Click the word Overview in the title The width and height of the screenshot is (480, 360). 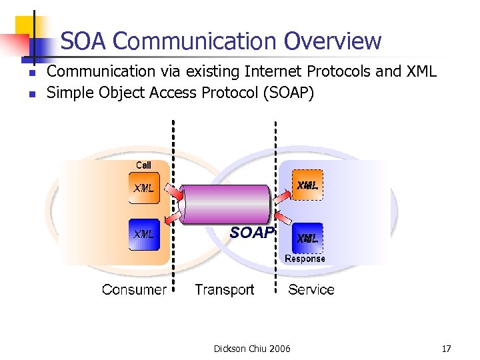click(333, 41)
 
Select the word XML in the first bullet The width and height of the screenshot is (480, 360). click(419, 71)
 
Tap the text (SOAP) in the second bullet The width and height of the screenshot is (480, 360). click(288, 93)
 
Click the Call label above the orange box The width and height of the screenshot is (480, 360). click(143, 165)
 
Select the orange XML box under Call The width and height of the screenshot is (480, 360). click(144, 187)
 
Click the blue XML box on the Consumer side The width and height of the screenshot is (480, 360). click(144, 234)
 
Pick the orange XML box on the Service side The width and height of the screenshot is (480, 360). click(307, 185)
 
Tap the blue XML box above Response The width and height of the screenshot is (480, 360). click(307, 237)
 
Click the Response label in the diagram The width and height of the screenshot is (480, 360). click(305, 259)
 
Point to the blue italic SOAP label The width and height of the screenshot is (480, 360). click(251, 233)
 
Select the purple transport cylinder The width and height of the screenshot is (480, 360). click(227, 204)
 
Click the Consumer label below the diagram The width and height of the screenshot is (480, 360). click(134, 289)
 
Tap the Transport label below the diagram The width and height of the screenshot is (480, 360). click(224, 289)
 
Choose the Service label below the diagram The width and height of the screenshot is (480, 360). click(311, 289)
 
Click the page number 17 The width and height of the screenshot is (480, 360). click(446, 349)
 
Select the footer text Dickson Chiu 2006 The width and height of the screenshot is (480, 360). click(252, 349)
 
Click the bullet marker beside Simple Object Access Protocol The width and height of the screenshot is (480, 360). click(31, 94)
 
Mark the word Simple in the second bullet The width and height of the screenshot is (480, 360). click(71, 93)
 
